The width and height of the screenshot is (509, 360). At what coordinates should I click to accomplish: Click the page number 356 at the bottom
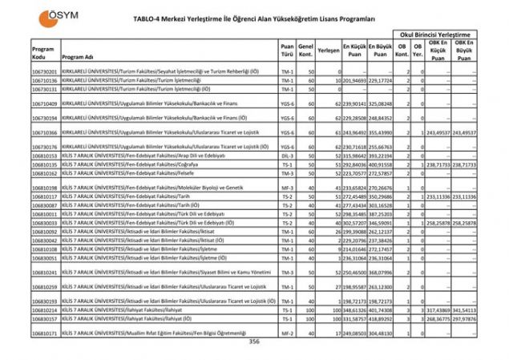pos(254,342)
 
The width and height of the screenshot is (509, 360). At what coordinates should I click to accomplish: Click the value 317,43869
pos(438,309)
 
